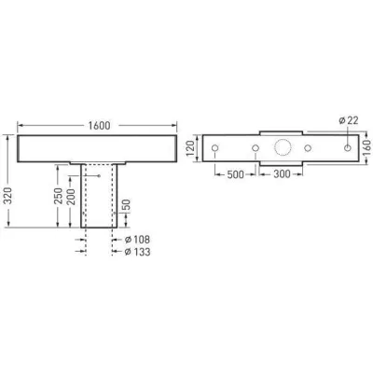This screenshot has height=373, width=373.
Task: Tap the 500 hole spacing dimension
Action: (234, 173)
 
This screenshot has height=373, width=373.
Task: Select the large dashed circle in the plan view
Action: (280, 148)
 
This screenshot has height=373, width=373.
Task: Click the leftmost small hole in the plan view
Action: (215, 149)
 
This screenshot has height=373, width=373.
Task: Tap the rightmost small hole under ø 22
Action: (346, 149)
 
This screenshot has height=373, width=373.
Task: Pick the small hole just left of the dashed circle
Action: (255, 149)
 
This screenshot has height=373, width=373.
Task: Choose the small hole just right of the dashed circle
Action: (307, 149)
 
